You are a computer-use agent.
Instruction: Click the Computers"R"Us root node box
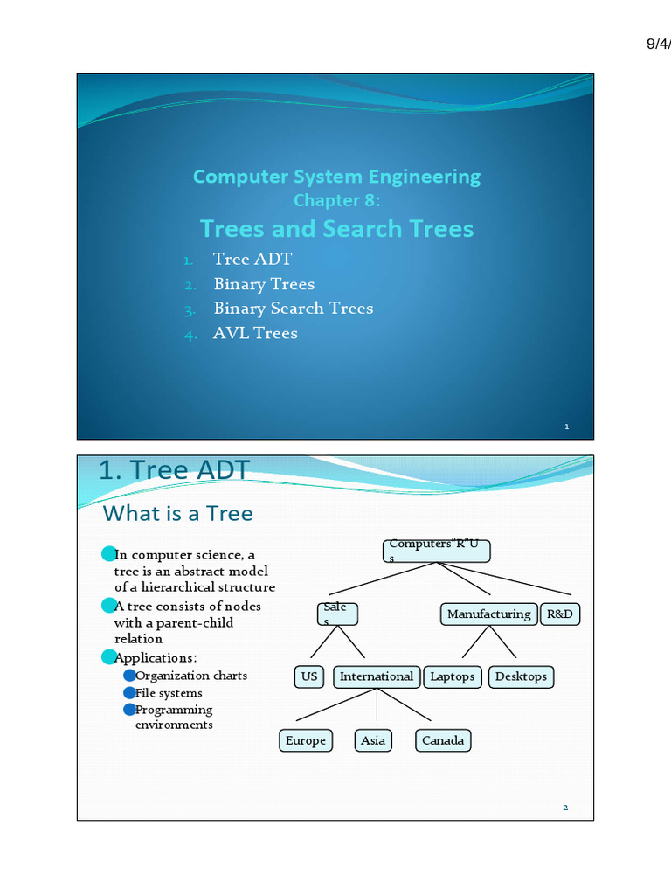(436, 551)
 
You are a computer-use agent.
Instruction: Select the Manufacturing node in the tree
(488, 614)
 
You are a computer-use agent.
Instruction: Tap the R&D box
(559, 614)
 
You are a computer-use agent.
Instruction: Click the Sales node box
(336, 614)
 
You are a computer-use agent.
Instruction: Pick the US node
(309, 676)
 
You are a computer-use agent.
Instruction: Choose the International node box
(377, 676)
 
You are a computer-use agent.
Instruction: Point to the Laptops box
(453, 676)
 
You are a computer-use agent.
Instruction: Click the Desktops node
(521, 676)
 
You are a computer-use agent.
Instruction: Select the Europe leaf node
(306, 740)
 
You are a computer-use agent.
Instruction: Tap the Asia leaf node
(373, 740)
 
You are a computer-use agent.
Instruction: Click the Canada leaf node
(443, 740)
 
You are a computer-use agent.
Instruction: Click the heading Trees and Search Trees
(336, 229)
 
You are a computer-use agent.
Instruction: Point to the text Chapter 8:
(336, 200)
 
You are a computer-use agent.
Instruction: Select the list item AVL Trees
(255, 333)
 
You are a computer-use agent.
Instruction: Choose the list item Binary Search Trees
(293, 309)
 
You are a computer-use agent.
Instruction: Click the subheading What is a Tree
(178, 513)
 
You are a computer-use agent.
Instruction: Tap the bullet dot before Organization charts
(129, 676)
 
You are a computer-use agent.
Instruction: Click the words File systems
(169, 693)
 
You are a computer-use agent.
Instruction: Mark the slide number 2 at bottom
(565, 808)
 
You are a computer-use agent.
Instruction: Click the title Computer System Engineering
(336, 177)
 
